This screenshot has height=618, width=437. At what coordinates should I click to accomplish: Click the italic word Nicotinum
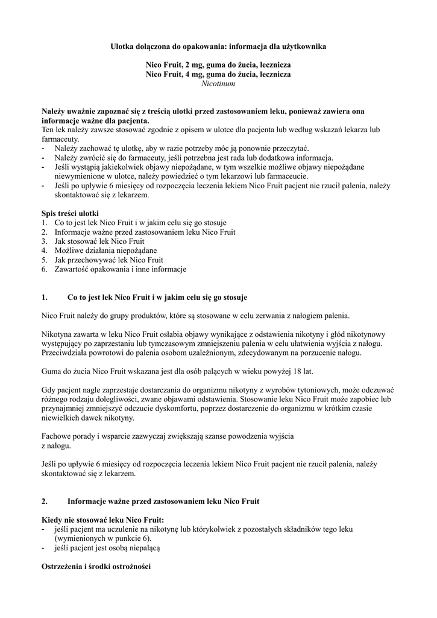(218, 83)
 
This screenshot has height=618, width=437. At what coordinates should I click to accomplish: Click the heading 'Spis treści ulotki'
(70, 213)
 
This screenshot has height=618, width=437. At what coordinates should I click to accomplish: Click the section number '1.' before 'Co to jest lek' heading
(45, 298)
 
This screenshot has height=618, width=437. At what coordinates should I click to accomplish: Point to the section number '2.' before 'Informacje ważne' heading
(45, 501)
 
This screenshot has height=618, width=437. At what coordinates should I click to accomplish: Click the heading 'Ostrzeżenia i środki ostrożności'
(95, 567)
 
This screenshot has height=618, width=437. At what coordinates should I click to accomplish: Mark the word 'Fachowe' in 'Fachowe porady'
(56, 436)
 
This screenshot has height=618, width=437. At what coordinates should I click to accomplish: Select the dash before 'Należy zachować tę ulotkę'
(43, 148)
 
